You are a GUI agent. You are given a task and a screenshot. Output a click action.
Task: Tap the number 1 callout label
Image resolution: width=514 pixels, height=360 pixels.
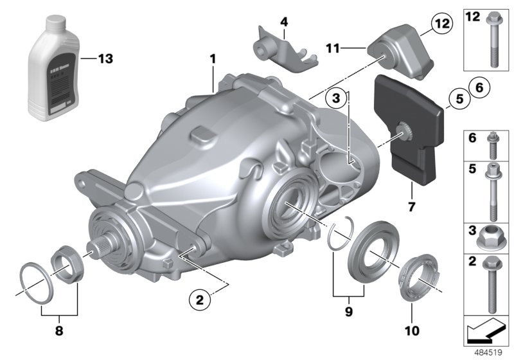212,59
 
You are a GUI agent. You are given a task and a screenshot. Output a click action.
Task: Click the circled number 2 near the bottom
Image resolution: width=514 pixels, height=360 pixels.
199,299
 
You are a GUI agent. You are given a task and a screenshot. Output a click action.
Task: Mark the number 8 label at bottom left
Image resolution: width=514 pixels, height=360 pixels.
59,332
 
